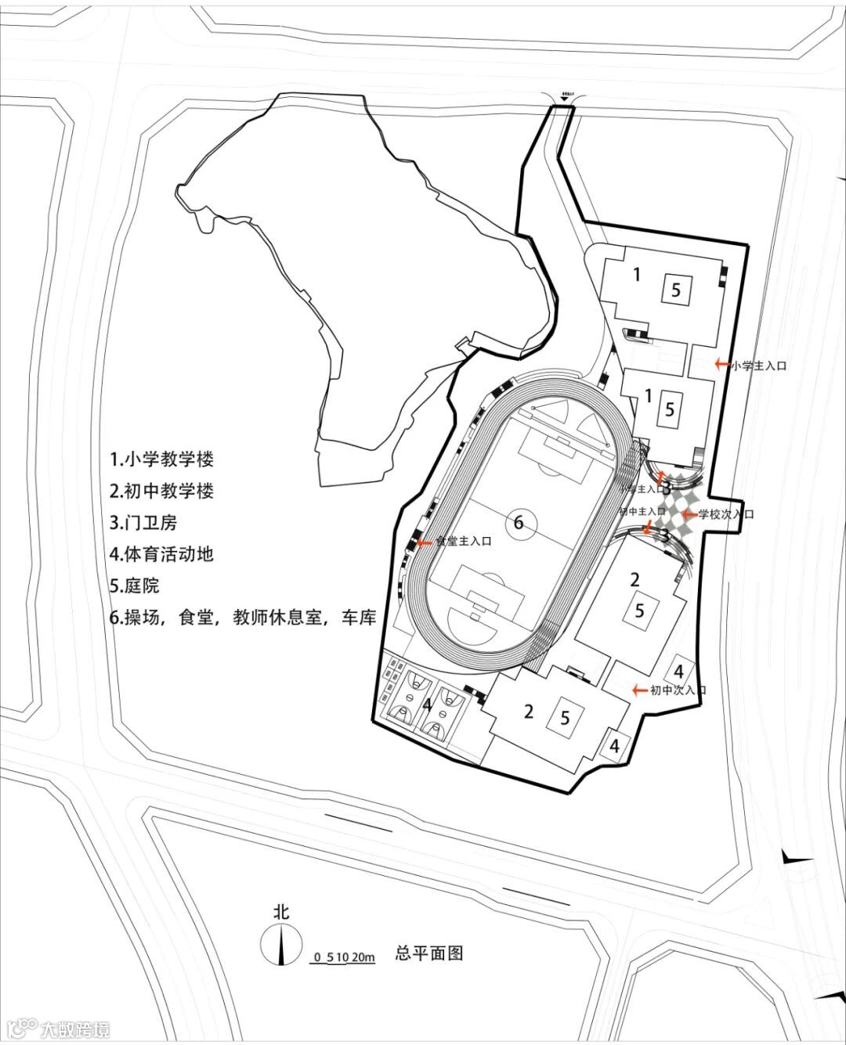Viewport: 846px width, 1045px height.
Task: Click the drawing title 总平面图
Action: [429, 953]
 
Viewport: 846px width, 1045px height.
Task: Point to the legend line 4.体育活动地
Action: [162, 555]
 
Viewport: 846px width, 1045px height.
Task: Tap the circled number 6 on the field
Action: [519, 522]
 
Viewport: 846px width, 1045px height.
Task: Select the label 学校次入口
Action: [726, 514]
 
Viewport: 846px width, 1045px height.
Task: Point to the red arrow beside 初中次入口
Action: [639, 690]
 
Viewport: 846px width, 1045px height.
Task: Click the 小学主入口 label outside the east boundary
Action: [758, 365]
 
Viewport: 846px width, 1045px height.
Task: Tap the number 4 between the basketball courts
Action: [427, 704]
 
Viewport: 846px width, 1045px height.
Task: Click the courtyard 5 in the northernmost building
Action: [676, 290]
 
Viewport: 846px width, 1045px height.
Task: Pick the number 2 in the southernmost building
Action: [529, 712]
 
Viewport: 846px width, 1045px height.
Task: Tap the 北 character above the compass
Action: [280, 912]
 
